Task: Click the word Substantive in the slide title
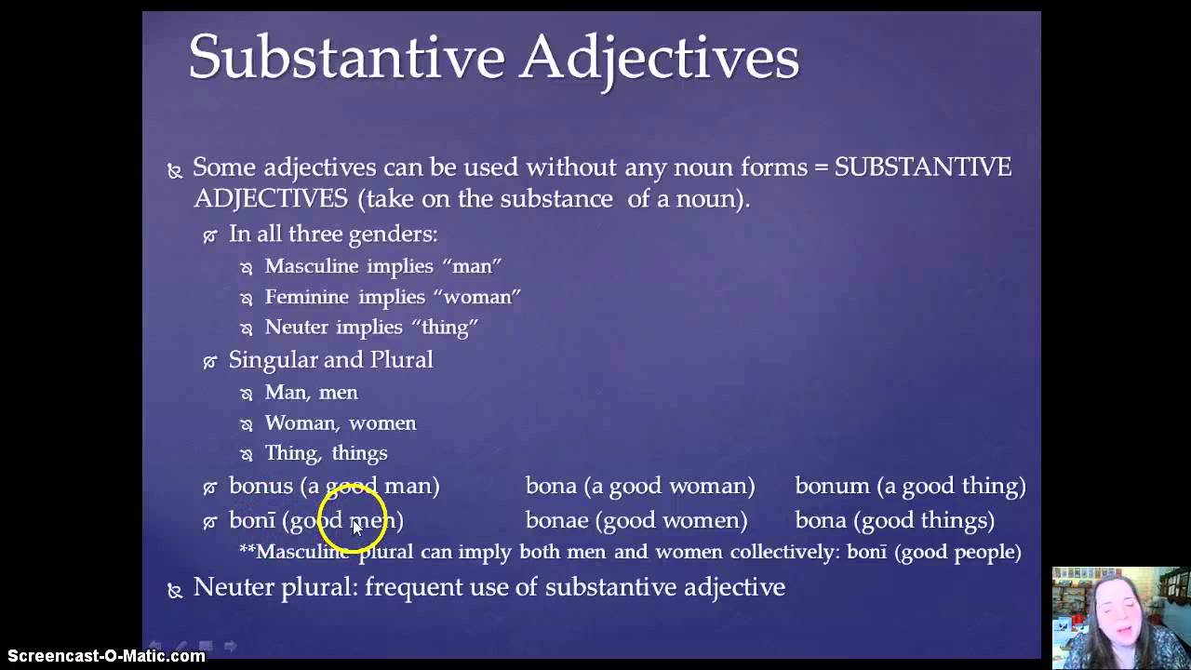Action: (x=346, y=58)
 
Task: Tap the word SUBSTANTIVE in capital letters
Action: (x=922, y=167)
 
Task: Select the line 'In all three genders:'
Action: (x=332, y=234)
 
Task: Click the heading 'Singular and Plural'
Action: (x=330, y=360)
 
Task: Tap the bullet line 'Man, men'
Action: (x=311, y=393)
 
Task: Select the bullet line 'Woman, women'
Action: (x=340, y=423)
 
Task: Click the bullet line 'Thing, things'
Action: (x=326, y=453)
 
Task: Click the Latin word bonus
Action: (x=261, y=486)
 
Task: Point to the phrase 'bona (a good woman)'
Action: (x=640, y=486)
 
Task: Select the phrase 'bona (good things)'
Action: (x=894, y=520)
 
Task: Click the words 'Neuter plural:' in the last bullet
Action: (x=274, y=587)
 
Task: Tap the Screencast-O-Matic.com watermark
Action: (x=102, y=656)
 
